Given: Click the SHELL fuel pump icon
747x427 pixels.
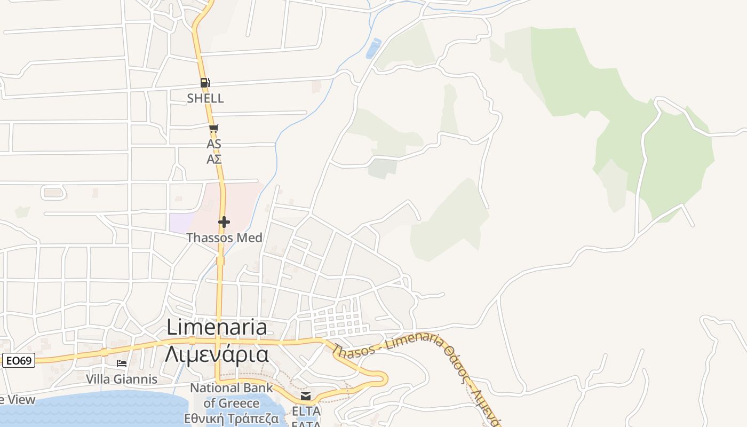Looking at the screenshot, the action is click(205, 83).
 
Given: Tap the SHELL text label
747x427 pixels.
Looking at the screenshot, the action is click(205, 98).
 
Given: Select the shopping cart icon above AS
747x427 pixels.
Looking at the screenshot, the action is click(213, 128).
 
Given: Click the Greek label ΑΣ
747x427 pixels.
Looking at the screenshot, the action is click(214, 159).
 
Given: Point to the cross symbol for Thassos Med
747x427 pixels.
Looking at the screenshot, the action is click(224, 222).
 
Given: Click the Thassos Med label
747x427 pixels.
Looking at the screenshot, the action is click(224, 238).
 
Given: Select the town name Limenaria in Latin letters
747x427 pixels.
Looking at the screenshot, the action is click(217, 327).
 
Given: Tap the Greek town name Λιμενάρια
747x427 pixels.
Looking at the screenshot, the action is click(217, 353).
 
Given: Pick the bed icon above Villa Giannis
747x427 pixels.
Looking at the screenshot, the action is click(122, 363).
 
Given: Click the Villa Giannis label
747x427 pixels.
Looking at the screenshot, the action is click(122, 379).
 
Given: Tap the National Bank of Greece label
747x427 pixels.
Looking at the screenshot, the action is click(232, 396).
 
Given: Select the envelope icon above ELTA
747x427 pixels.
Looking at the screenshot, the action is click(306, 396).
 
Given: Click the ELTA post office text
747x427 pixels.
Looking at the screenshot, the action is click(306, 412).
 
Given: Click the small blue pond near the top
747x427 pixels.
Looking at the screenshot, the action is click(373, 49).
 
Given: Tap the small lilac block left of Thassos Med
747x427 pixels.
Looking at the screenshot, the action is click(181, 223).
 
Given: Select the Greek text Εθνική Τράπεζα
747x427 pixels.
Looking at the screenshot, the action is click(232, 418).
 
